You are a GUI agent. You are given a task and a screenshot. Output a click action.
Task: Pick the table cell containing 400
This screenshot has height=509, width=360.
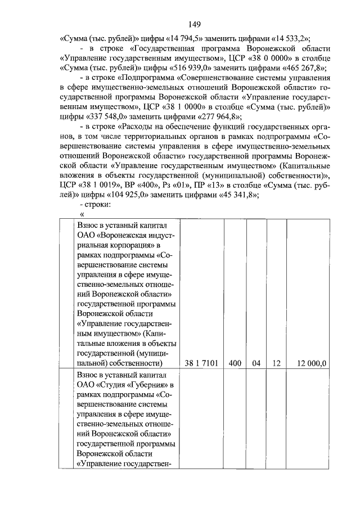[235, 363]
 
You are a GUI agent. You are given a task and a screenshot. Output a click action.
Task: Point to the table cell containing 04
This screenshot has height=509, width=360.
[256, 363]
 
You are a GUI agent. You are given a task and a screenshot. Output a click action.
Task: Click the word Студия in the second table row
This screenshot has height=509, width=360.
[117, 384]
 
